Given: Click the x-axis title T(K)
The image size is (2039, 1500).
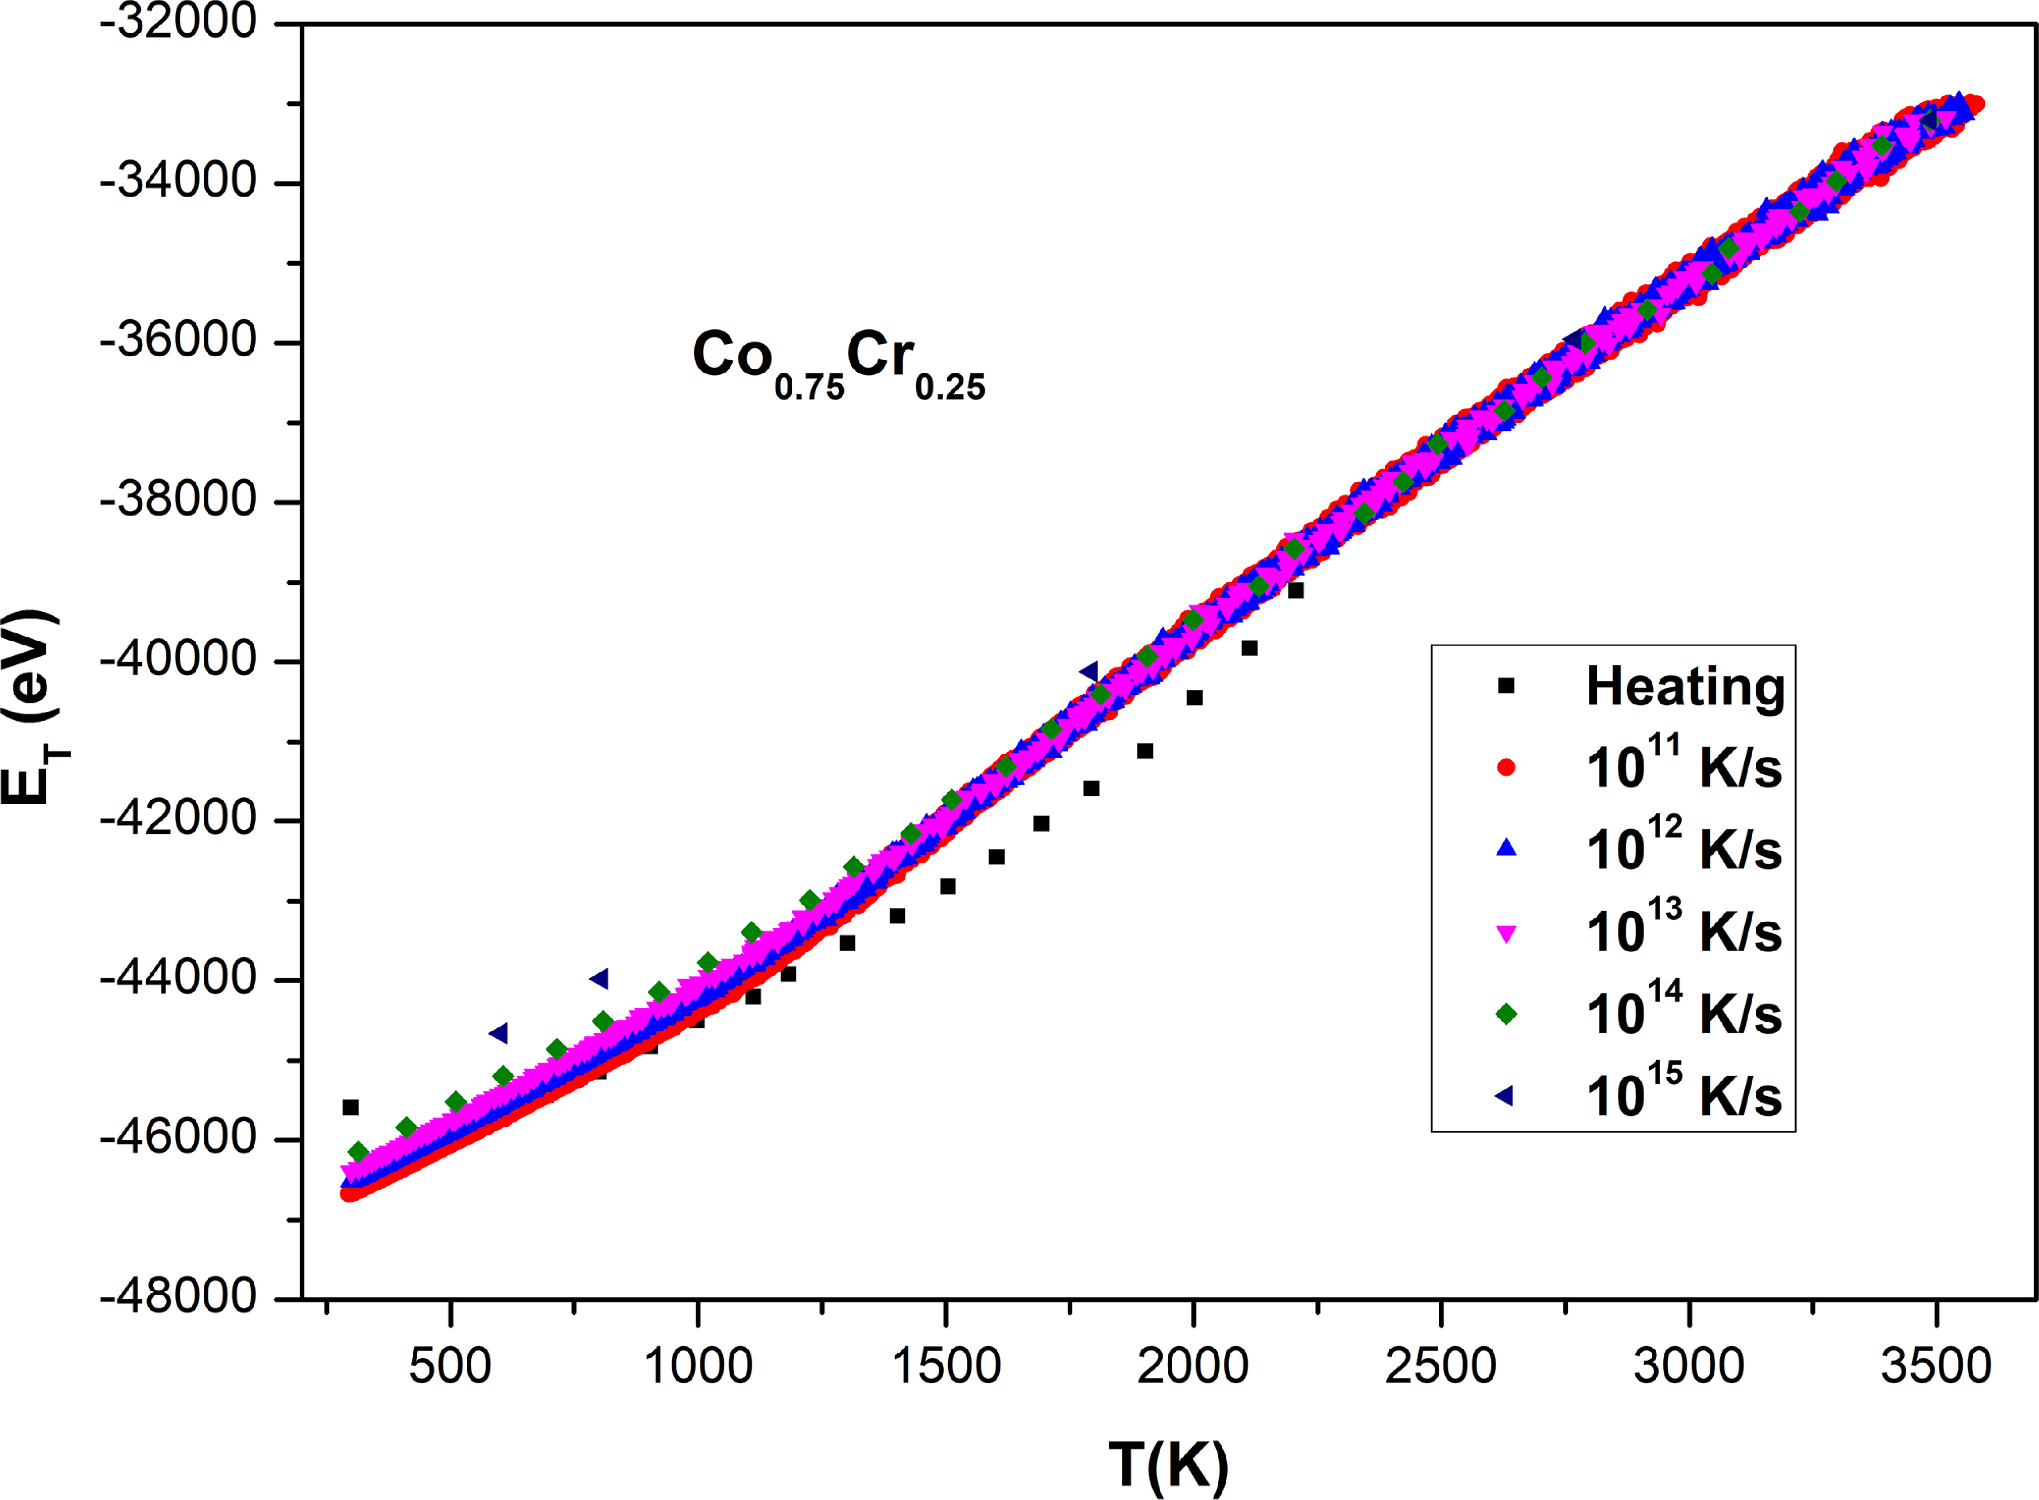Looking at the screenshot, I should [x=1168, y=1465].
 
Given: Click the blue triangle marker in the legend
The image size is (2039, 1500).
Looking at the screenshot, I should [x=1506, y=848].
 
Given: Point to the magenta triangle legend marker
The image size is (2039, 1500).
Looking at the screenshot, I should [x=1506, y=932].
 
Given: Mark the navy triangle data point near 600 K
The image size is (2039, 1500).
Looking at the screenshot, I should [x=498, y=1033].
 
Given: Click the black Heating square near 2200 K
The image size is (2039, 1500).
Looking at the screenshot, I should [x=1295, y=591].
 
